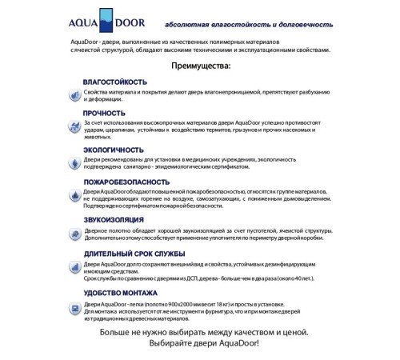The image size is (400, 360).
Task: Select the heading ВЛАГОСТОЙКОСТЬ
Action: click(x=114, y=82)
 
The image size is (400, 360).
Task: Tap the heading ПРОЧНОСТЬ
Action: click(x=104, y=114)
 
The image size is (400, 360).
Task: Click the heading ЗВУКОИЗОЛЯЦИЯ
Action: click(x=114, y=218)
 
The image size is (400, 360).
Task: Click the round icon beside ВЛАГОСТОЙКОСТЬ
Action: click(x=74, y=94)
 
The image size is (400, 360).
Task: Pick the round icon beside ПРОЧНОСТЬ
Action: click(x=74, y=125)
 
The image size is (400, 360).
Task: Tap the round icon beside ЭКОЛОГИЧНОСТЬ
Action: click(x=74, y=160)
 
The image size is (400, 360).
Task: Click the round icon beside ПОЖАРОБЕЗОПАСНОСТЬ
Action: click(x=74, y=194)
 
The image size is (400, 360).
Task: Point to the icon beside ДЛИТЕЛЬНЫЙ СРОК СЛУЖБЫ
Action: click(x=74, y=266)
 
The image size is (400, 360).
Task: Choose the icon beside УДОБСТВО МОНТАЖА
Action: click(x=74, y=306)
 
